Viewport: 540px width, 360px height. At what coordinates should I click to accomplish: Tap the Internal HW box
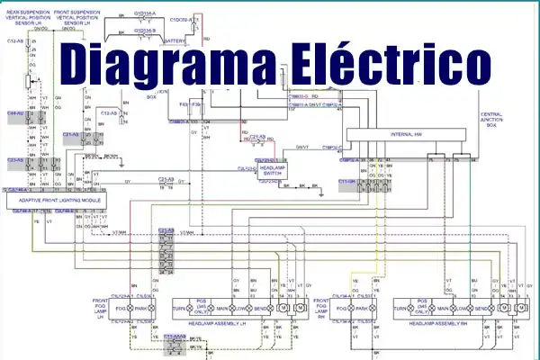pos(405,134)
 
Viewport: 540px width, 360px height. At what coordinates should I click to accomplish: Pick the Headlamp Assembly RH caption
pos(440,321)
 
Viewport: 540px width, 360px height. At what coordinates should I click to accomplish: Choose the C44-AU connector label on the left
pos(15,114)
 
